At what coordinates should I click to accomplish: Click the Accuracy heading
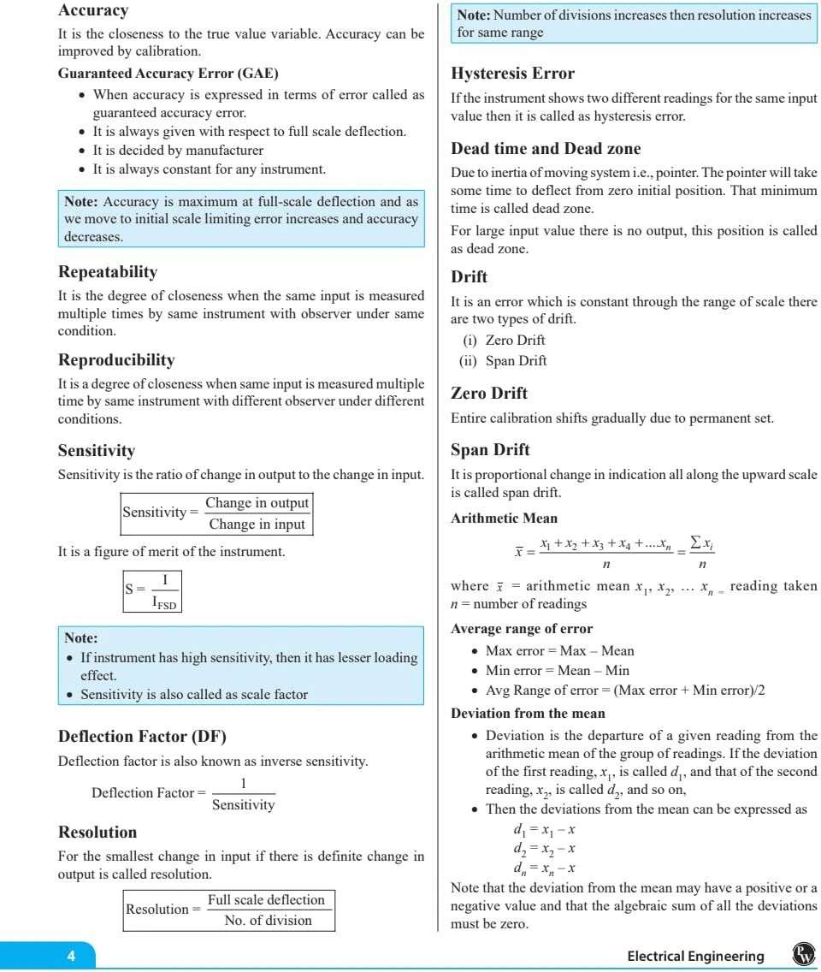point(92,11)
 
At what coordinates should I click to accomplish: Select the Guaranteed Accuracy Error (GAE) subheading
point(168,74)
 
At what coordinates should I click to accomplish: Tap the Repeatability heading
point(108,272)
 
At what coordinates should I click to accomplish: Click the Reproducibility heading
point(116,359)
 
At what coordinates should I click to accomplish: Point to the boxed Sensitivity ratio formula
point(216,513)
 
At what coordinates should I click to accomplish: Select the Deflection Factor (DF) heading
point(142,736)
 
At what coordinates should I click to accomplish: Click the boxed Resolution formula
point(228,909)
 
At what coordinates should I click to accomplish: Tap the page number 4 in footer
point(72,957)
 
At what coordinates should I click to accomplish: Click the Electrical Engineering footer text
point(695,957)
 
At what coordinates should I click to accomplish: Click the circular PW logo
point(803,955)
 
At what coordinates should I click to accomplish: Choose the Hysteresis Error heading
point(512,74)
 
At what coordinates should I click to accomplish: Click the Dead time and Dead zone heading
point(546,149)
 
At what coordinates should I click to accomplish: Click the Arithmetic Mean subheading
point(504,518)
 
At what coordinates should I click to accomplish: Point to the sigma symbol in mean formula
point(696,545)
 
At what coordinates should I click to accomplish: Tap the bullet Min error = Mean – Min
point(557,671)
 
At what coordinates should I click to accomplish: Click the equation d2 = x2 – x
point(544,849)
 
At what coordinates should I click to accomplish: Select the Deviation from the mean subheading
point(528,713)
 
